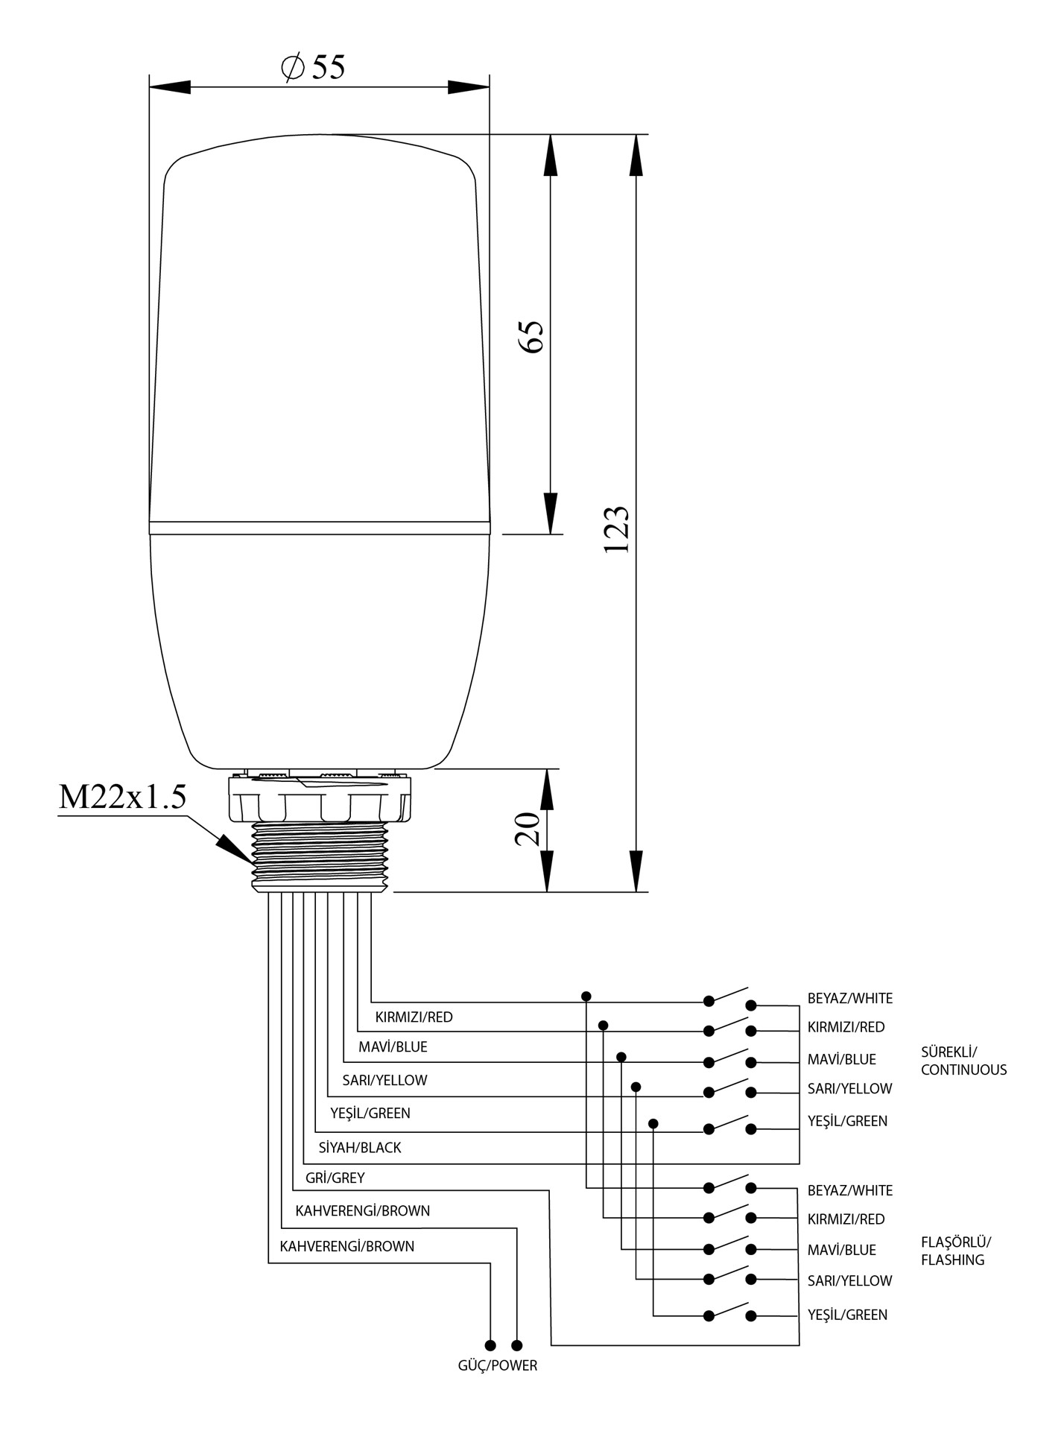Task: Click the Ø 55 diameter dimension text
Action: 314,67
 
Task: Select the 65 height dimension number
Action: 532,336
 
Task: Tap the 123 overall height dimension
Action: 617,530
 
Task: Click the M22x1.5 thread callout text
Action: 122,797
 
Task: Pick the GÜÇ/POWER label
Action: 497,1365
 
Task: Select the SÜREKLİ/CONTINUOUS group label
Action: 963,1061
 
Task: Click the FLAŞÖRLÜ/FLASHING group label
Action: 956,1251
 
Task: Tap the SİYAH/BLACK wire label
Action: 360,1148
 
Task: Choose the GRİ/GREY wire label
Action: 335,1178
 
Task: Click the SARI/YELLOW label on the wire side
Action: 384,1080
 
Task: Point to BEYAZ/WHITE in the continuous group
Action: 849,998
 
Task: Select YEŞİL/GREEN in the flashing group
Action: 847,1315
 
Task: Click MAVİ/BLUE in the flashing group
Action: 841,1250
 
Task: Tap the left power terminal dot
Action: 490,1345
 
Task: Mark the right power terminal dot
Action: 517,1345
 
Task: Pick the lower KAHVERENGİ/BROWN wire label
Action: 347,1246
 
